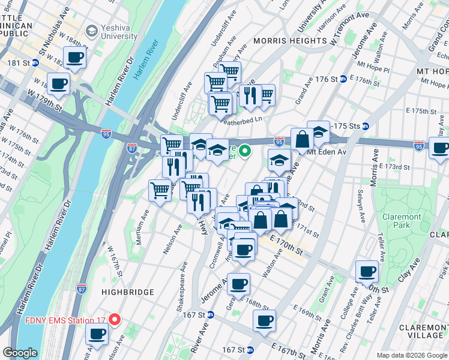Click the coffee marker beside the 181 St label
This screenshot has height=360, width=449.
click(x=75, y=58)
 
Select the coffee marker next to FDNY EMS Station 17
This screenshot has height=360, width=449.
click(x=98, y=334)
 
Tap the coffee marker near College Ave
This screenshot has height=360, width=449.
click(x=367, y=271)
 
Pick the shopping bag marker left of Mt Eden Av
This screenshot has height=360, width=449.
click(x=303, y=139)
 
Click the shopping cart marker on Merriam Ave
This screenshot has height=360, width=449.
click(x=160, y=191)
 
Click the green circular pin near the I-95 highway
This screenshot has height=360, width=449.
click(x=244, y=151)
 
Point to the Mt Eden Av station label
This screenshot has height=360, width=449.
click(x=327, y=152)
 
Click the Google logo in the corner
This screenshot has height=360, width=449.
click(x=20, y=353)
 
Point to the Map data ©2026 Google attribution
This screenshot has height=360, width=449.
click(x=411, y=355)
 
